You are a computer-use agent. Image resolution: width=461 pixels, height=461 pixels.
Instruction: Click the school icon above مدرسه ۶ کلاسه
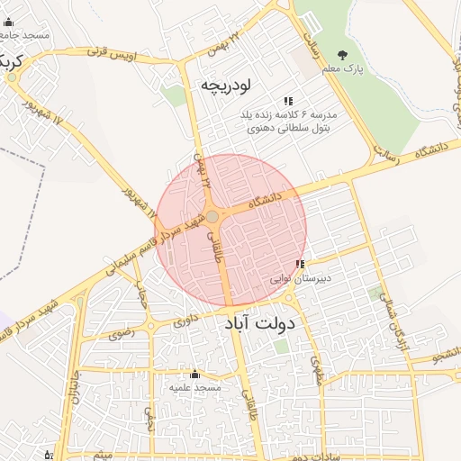[x=287, y=102]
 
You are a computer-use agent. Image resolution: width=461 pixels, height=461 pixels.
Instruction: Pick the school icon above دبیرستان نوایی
[x=300, y=265]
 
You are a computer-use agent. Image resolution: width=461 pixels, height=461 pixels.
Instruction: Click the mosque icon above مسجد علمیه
[x=194, y=374]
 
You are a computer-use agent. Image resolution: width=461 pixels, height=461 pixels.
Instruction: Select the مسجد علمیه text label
[x=194, y=387]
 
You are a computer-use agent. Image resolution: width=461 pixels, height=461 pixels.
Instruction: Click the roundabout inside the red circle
[x=212, y=217]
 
